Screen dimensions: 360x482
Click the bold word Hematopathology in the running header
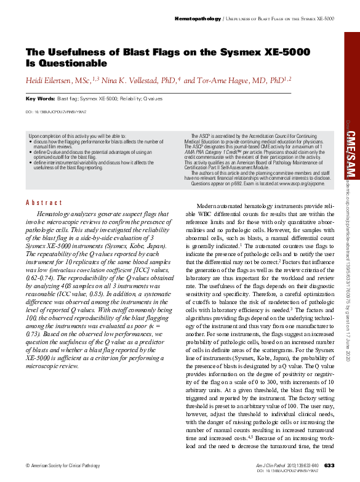coord(198,19)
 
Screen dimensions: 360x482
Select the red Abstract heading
coord(44,203)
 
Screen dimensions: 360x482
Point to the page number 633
coord(329,465)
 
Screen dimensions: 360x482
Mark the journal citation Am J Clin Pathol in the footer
coord(271,465)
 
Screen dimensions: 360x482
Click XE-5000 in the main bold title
coord(281,52)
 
